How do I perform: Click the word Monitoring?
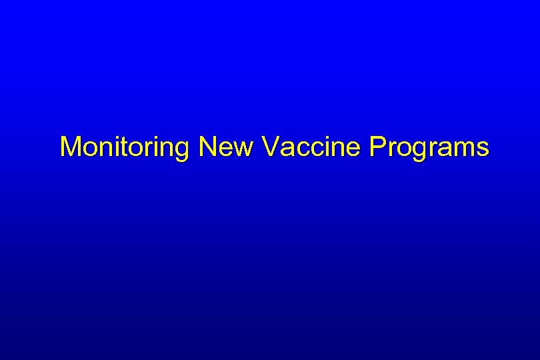[125, 147]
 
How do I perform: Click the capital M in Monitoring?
[69, 147]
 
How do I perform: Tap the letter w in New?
[243, 149]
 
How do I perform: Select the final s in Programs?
[483, 149]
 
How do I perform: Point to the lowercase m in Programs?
[464, 149]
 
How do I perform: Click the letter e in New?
[225, 149]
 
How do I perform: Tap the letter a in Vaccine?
[286, 149]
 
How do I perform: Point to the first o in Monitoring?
[89, 149]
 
